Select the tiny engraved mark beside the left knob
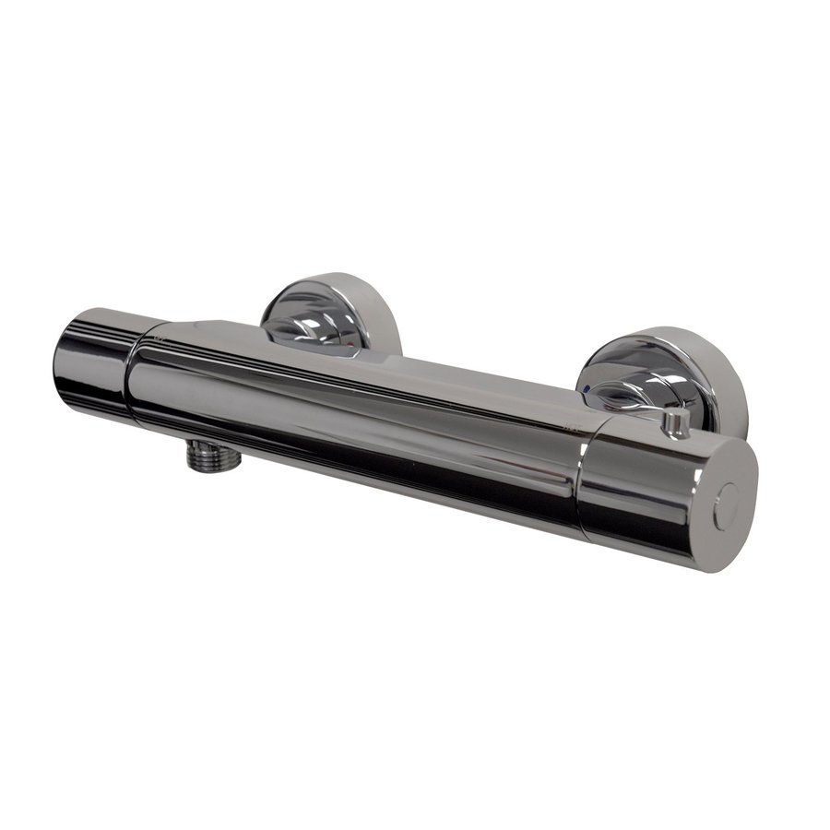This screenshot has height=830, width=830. pos(161,339)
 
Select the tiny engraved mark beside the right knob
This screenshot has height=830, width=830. pos(572,426)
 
